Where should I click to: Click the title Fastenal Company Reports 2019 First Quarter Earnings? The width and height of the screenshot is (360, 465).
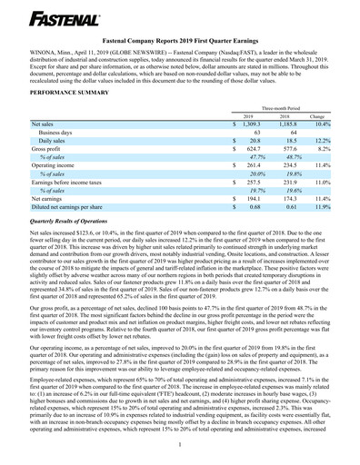pyautogui.click(x=180, y=41)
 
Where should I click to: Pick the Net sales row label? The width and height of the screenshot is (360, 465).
pyautogui.click(x=44, y=127)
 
